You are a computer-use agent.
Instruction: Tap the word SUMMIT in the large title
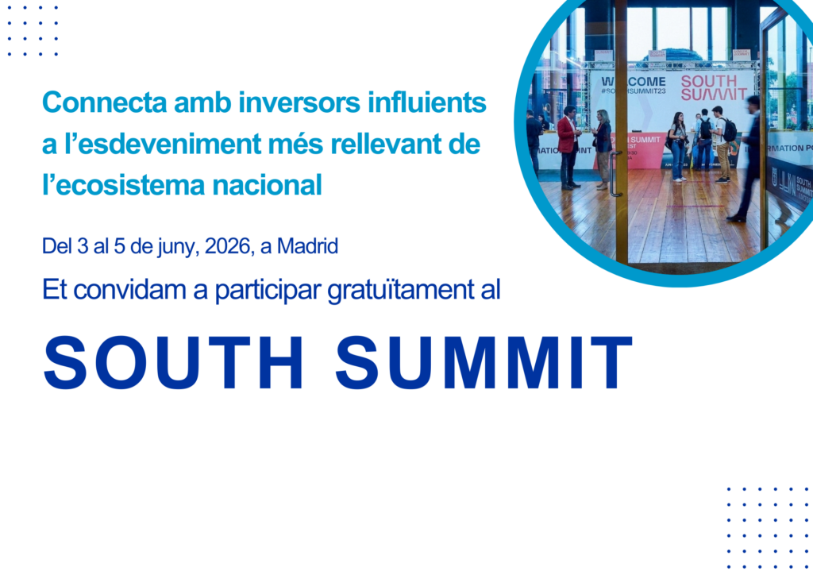(x=484, y=363)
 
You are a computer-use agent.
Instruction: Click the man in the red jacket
(x=568, y=146)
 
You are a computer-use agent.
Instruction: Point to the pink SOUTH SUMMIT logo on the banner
(x=708, y=87)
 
